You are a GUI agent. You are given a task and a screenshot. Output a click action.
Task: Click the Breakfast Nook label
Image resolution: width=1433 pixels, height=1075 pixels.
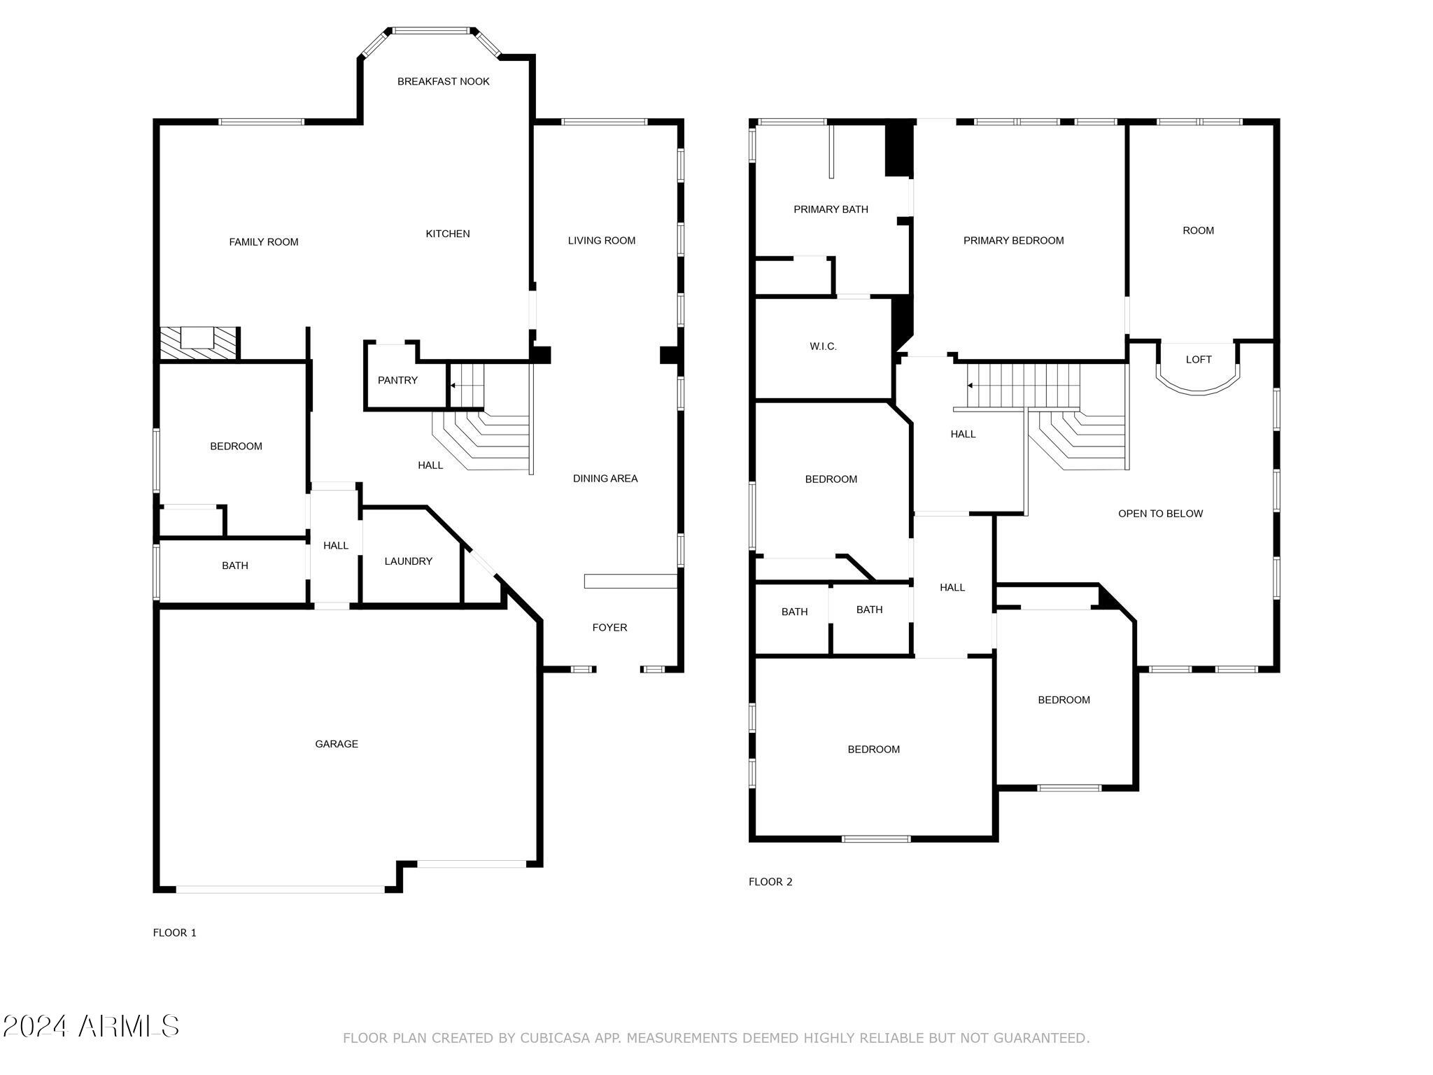[x=444, y=81]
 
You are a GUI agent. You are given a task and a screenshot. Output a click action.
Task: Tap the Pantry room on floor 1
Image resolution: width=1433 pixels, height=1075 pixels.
[x=397, y=380]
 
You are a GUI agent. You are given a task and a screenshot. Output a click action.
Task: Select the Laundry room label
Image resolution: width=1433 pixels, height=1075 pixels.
[x=409, y=561]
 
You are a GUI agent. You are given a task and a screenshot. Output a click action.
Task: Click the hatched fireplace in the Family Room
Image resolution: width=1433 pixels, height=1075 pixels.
[x=199, y=344]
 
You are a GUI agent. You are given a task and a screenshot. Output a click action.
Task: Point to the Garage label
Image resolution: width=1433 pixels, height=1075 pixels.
[x=337, y=744]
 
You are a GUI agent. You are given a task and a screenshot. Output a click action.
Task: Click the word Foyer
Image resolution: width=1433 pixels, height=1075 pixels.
[x=609, y=628]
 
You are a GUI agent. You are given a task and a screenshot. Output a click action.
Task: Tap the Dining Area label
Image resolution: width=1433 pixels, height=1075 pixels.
[x=605, y=479]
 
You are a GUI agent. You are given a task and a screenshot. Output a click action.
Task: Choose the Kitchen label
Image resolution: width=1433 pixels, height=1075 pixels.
[x=448, y=234]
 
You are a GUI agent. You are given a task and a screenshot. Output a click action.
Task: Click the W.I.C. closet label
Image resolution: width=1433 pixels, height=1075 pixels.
[x=823, y=346]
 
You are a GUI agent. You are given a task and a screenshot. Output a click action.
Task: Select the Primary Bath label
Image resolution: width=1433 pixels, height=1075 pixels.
[x=831, y=209]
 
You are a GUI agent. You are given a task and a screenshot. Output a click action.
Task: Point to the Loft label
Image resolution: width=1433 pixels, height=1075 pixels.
[x=1199, y=360]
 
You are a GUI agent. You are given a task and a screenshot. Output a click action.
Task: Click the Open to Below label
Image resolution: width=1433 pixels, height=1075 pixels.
[x=1160, y=514]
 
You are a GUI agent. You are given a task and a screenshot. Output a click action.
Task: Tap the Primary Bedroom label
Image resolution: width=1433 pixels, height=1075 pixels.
[x=1013, y=241]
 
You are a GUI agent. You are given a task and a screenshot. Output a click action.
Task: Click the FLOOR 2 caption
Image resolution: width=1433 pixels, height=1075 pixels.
[x=770, y=882]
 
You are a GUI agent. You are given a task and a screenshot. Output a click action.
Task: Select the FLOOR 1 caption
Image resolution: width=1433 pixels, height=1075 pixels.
[x=175, y=933]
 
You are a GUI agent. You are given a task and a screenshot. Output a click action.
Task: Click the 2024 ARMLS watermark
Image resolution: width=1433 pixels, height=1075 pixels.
[x=91, y=1027]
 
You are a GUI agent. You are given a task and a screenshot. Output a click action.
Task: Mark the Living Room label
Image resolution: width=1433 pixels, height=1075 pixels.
[x=602, y=241]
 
